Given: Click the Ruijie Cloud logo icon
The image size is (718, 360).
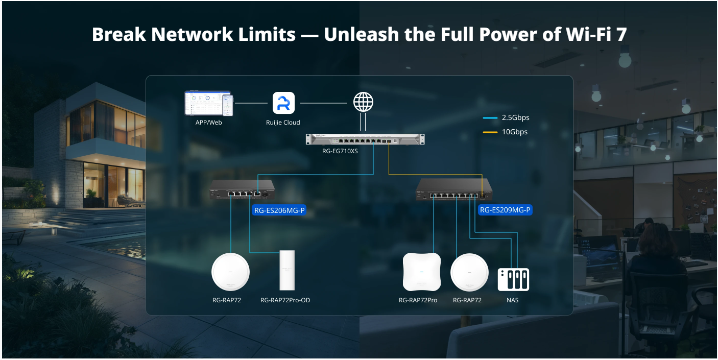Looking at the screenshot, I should click(x=283, y=103).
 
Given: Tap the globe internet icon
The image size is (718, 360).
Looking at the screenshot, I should click(x=363, y=102).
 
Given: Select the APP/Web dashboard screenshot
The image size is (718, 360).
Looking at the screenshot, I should click(x=208, y=104).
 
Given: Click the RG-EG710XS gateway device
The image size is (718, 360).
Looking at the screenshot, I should click(x=365, y=139).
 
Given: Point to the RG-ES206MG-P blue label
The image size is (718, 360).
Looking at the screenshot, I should click(x=279, y=210).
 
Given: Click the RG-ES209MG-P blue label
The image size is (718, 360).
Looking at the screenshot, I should click(x=505, y=210).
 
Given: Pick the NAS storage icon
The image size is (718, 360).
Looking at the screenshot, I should click(x=513, y=279).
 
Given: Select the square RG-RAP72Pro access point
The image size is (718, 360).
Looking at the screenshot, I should click(x=421, y=272).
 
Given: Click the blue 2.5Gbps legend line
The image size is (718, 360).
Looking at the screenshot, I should click(x=490, y=118).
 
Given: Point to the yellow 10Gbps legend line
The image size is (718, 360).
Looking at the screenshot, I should click(x=490, y=132).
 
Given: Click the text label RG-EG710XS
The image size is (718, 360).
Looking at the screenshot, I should click(x=340, y=151).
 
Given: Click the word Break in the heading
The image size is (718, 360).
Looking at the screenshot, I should click(x=118, y=34).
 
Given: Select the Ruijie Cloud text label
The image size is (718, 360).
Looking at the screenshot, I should click(x=283, y=123).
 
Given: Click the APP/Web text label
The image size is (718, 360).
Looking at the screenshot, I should click(x=208, y=123).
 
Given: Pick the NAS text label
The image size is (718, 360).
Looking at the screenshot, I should click(x=512, y=300).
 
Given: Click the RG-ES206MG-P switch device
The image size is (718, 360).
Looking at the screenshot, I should click(x=242, y=189).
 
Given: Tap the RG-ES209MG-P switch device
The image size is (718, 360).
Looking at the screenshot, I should click(x=453, y=189).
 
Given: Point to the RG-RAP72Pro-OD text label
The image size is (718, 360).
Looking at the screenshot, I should click(x=285, y=300).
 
